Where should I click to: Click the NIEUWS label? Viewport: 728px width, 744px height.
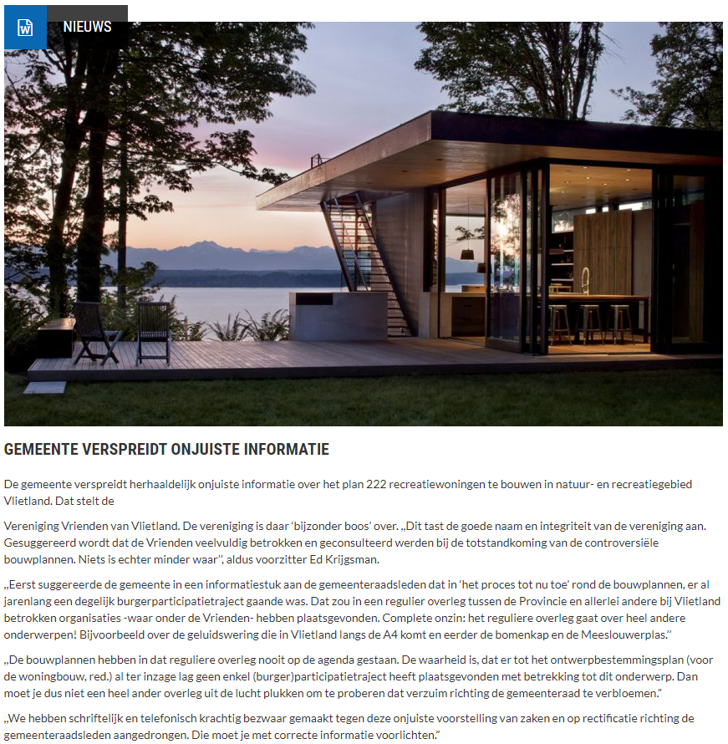[x=87, y=27]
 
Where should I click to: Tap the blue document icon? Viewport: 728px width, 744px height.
[x=25, y=28]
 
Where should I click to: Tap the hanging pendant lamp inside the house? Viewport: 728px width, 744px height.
[x=468, y=252]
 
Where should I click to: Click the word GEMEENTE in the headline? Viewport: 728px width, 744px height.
[x=43, y=450]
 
